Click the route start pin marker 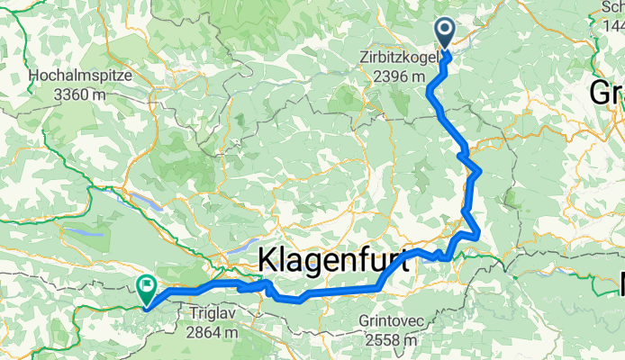click(x=447, y=34)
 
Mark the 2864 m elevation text click(x=214, y=332)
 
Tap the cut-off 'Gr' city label click(x=607, y=92)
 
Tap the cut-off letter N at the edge click(x=620, y=286)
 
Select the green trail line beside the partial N click(x=601, y=286)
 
